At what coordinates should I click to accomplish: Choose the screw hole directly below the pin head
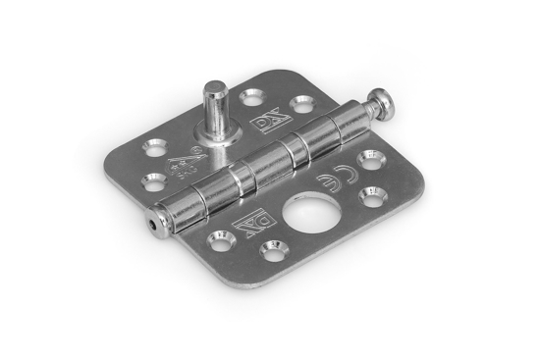(x=376, y=158)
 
